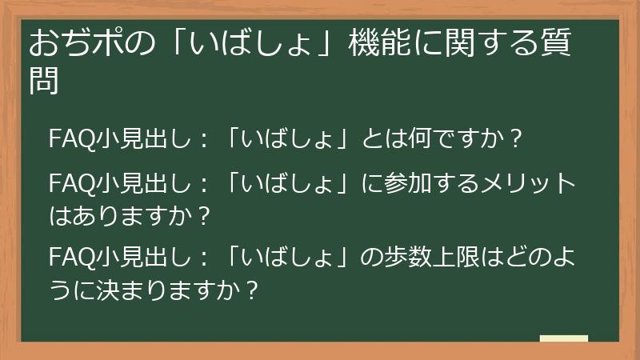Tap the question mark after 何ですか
(x=515, y=138)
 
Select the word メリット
(x=529, y=183)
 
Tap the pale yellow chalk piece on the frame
(x=564, y=338)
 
